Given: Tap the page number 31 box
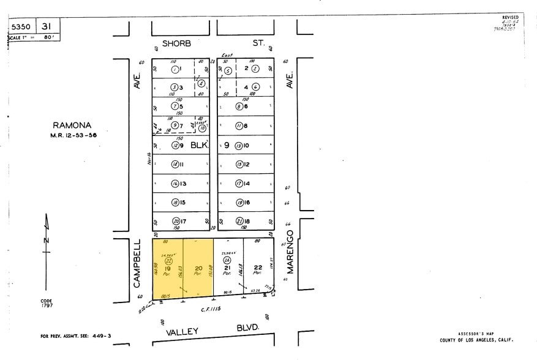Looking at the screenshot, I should [x=46, y=27].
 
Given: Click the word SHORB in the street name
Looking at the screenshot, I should [x=176, y=43].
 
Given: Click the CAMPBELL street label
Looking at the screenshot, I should [x=138, y=263].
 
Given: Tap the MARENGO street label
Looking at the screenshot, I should [x=291, y=251].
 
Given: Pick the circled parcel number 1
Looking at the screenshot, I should [x=175, y=69].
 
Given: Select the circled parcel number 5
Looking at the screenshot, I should [x=228, y=71].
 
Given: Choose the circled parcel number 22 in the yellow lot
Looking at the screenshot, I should [x=168, y=260].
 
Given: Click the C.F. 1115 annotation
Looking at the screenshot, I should [x=210, y=309].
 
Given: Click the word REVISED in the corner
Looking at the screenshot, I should [x=510, y=18].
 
